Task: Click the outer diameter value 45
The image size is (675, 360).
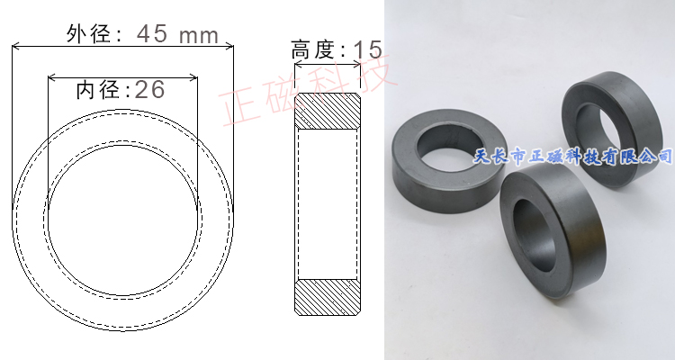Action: click(152, 34)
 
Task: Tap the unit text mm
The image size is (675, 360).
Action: click(199, 35)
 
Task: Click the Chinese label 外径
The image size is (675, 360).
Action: click(87, 34)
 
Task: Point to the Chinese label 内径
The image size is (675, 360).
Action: click(97, 89)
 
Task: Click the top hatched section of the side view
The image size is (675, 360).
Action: click(329, 111)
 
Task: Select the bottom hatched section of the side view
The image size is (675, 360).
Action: click(329, 297)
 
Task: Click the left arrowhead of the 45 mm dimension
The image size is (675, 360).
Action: click(15, 47)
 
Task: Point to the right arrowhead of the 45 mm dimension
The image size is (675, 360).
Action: click(229, 47)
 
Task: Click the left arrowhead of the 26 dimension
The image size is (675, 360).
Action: click(51, 76)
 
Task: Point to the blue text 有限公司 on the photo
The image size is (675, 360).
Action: click(634, 157)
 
